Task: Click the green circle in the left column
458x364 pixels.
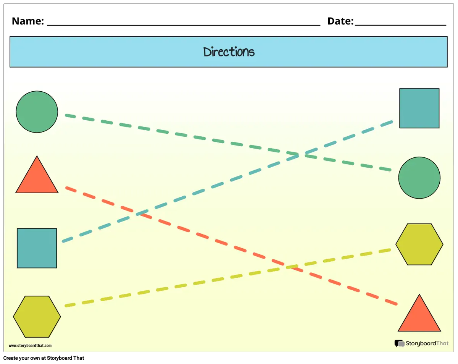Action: click(37, 112)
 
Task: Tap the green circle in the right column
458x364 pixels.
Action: click(419, 178)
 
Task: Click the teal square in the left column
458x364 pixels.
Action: click(37, 248)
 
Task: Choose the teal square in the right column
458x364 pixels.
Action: click(419, 108)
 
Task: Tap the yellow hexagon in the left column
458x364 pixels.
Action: click(37, 317)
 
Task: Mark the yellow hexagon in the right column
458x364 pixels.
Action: click(419, 244)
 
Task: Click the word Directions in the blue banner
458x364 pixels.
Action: click(229, 52)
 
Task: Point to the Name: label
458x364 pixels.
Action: click(28, 21)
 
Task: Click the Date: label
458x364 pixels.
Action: click(340, 21)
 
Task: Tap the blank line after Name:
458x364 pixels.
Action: click(183, 25)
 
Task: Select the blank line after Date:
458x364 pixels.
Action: click(400, 25)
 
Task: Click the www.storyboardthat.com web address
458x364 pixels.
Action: click(30, 346)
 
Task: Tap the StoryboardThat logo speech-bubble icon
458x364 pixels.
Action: click(399, 344)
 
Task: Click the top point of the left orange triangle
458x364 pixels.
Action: click(37, 156)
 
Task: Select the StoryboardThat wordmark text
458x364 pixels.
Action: click(427, 343)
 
